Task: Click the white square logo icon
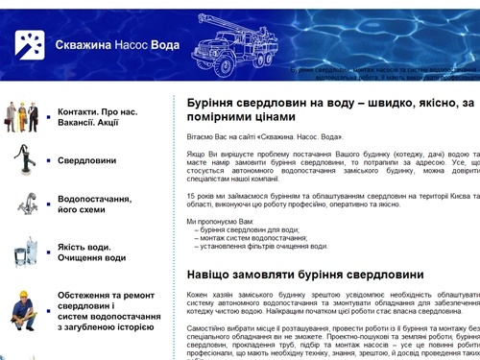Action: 29,44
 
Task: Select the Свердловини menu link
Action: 86,160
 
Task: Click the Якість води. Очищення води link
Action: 91,252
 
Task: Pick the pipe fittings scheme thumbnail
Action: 24,204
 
